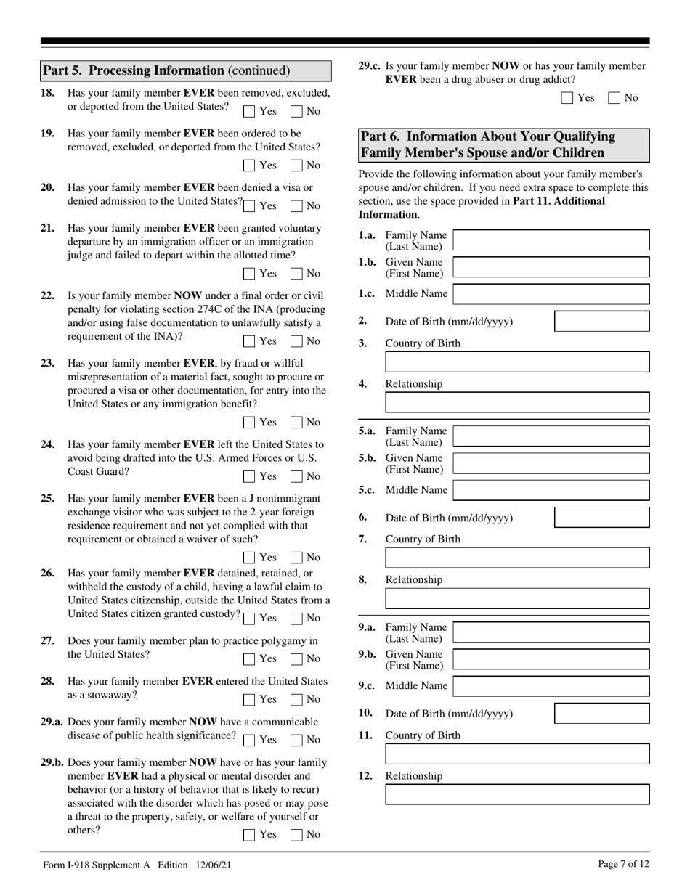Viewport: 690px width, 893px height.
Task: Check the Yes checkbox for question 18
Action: tap(249, 112)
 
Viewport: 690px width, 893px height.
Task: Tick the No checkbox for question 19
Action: tap(296, 166)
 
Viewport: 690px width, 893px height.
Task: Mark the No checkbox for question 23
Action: tap(296, 423)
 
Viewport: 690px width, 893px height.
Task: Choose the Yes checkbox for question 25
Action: tap(249, 558)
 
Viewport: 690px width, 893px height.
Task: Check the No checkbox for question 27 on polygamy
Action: tap(296, 659)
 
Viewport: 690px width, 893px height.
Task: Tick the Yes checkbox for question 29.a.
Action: tap(249, 741)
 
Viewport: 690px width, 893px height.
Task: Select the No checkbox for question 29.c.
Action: tap(614, 98)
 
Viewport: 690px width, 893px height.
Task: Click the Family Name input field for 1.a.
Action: tap(551, 240)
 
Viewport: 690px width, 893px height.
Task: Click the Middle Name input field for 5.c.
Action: tap(551, 490)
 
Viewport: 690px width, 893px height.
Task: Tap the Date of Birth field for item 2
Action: tap(601, 322)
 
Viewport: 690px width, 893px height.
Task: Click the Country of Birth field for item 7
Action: tap(516, 558)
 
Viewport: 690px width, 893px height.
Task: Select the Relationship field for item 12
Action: tap(516, 795)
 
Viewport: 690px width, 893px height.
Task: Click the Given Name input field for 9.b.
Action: tap(551, 660)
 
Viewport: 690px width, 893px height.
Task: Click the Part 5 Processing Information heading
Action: tap(167, 70)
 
